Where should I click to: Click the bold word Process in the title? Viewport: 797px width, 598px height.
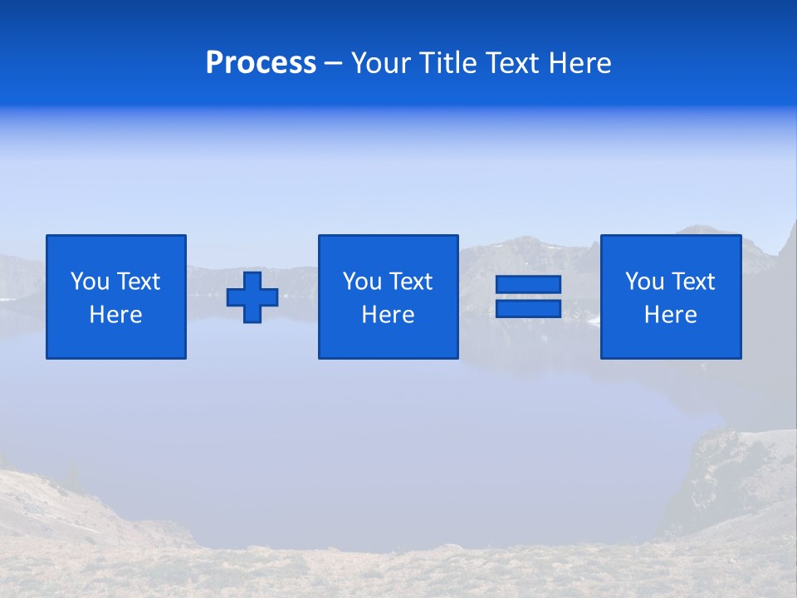point(261,63)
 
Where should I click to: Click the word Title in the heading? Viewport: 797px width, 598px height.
point(444,63)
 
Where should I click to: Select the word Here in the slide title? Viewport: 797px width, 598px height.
point(579,63)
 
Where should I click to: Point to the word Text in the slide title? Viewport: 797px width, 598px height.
point(512,63)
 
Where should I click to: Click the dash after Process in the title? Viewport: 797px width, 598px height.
point(333,64)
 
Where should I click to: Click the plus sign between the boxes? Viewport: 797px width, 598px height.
point(252,297)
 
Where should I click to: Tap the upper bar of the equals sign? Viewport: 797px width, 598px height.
point(528,285)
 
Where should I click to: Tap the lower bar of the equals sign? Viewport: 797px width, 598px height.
point(528,309)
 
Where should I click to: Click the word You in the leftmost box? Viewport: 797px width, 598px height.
point(90,282)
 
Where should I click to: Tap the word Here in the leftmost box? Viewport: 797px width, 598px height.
point(116,315)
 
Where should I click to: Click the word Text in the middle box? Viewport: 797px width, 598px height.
point(410,282)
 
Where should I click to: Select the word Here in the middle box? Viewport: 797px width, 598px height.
point(389,315)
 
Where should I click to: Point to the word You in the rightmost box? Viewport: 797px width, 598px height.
point(644,282)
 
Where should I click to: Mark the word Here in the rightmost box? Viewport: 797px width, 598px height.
point(671,315)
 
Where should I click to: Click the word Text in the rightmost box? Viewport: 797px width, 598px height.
point(692,282)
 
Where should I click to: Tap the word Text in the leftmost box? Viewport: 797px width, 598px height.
point(138,282)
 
